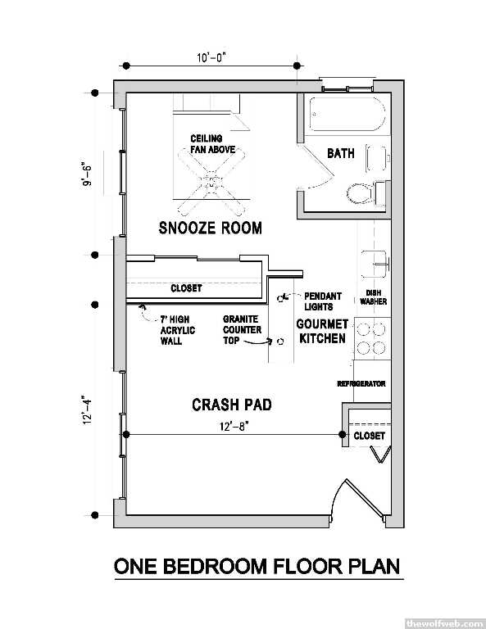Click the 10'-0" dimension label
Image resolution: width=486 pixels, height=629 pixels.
(x=211, y=58)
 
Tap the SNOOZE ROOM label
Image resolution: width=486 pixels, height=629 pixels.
(x=211, y=228)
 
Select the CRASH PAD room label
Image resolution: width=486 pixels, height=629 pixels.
(x=232, y=405)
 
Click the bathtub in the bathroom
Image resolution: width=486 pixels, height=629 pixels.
(x=348, y=114)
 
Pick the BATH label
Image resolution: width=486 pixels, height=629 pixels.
(x=341, y=153)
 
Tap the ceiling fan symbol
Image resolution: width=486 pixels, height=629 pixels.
(x=211, y=181)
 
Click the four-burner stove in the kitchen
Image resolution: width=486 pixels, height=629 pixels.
(x=371, y=337)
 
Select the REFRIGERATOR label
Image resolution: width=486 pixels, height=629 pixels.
(x=361, y=384)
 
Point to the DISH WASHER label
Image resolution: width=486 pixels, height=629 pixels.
(x=373, y=297)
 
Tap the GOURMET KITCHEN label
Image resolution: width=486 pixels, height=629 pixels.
(x=322, y=331)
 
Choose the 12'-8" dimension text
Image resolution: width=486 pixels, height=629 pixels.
(x=234, y=427)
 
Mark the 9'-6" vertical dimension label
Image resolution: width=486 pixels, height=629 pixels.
(x=87, y=174)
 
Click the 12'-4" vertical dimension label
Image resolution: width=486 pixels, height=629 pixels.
(x=87, y=410)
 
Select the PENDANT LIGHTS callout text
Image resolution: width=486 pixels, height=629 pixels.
(x=323, y=301)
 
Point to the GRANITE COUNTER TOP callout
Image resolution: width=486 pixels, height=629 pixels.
(x=242, y=330)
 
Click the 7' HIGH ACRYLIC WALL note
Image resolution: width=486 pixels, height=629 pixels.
(x=178, y=330)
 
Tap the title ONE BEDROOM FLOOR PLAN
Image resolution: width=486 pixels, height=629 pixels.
(x=257, y=566)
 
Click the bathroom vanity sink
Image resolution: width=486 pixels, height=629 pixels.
(x=377, y=158)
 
